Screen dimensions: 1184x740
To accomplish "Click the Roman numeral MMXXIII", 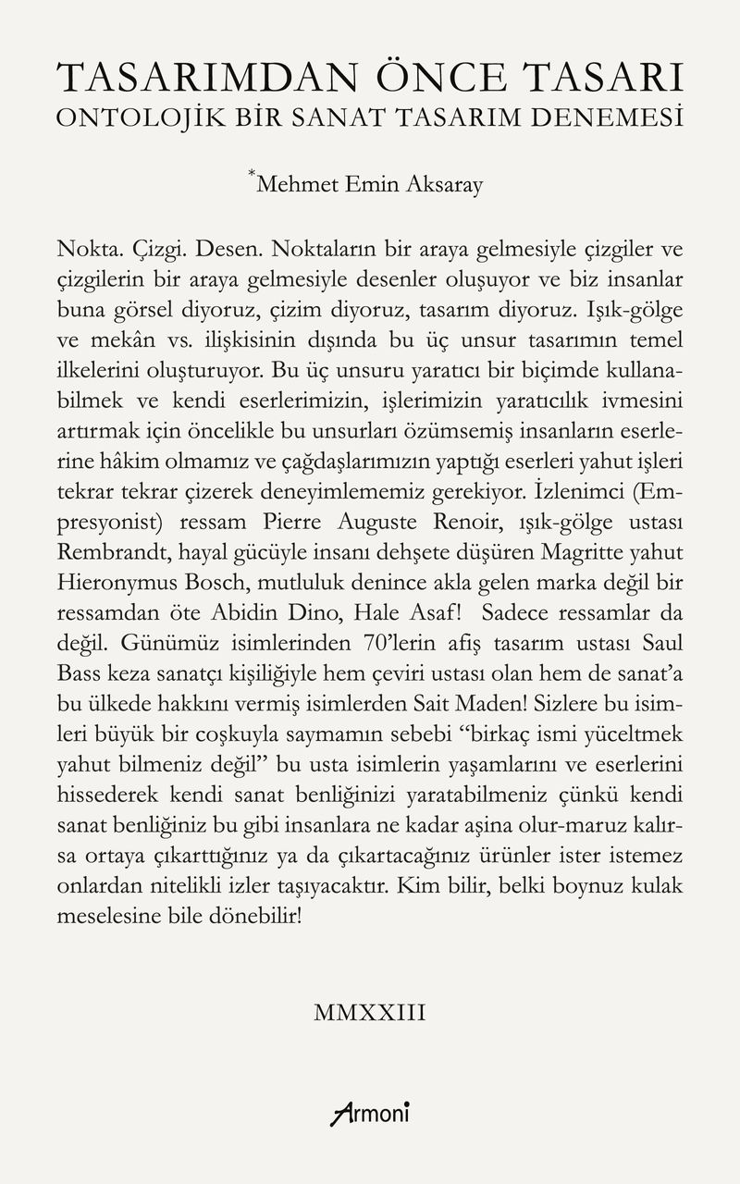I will point(370,1012).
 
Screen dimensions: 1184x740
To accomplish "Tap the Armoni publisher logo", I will point(370,1111).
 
